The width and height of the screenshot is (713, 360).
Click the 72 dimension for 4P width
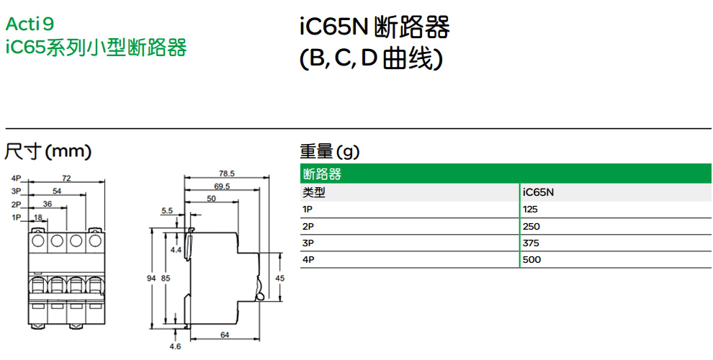66,177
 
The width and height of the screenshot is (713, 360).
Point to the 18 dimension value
39,217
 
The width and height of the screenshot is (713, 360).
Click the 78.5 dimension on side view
227,174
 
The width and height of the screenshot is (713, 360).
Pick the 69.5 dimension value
222,186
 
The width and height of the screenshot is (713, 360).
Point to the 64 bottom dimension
225,334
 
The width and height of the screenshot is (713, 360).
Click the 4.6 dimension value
175,346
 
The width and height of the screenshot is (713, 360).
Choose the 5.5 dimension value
167,211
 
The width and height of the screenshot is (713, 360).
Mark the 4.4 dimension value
176,249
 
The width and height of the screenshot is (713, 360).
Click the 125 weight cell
531,210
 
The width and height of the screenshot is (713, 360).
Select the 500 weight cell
532,259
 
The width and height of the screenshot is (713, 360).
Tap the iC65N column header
538,192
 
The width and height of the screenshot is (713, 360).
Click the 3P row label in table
308,243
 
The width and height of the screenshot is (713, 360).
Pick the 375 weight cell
532,243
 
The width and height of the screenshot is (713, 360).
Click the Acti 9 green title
30,24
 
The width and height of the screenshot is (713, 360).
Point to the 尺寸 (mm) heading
48,152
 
